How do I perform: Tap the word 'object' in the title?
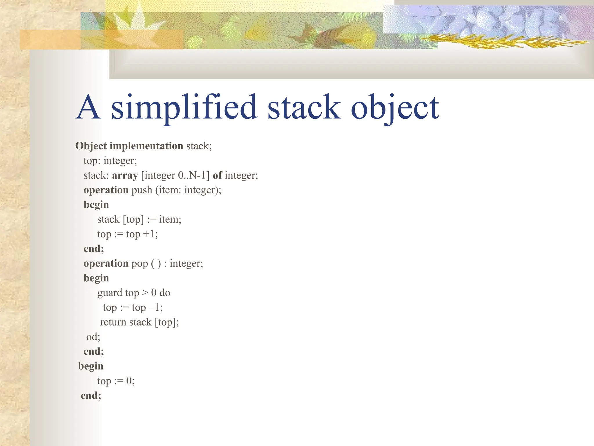(x=395, y=108)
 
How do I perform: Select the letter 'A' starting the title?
(x=88, y=107)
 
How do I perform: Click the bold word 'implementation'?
(x=146, y=146)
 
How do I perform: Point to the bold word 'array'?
(x=125, y=175)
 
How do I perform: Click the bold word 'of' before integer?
(x=217, y=175)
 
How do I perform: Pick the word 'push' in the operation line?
(x=142, y=190)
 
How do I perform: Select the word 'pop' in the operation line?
(x=140, y=264)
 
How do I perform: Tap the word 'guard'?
(x=110, y=293)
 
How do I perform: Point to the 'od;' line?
(x=93, y=337)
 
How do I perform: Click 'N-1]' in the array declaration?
(x=199, y=175)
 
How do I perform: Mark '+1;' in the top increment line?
(x=151, y=234)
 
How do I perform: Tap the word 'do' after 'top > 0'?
(x=165, y=293)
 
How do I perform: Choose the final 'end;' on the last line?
(x=91, y=395)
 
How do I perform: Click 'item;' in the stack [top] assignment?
(x=170, y=220)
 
